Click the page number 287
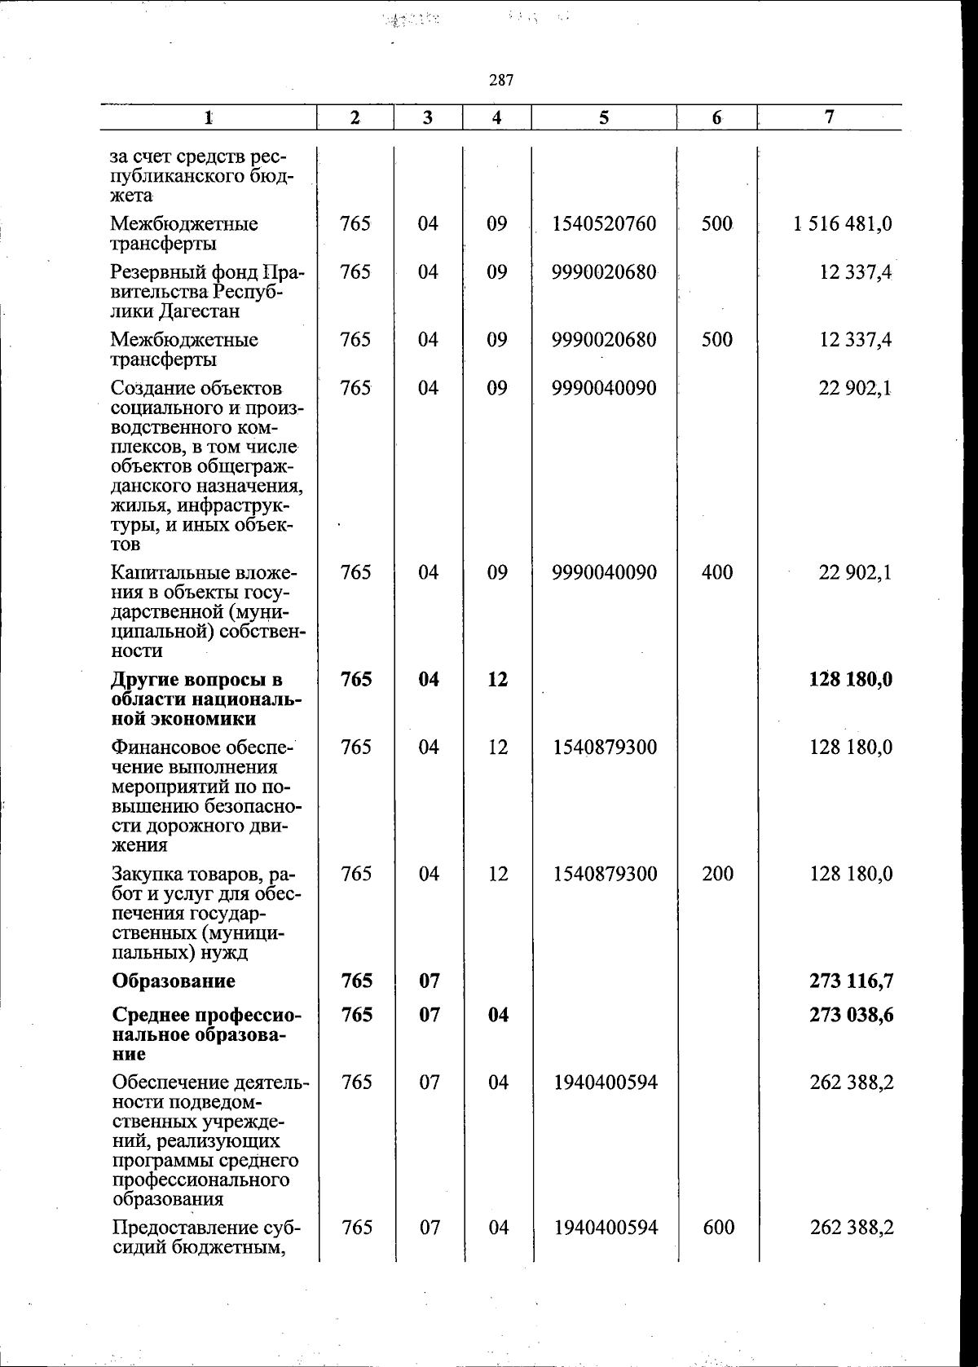tap(501, 80)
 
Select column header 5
tap(604, 117)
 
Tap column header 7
tap(829, 117)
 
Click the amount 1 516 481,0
tap(843, 224)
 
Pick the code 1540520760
tap(604, 224)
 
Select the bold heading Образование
tap(174, 981)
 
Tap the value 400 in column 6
tap(716, 572)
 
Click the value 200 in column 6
tap(717, 874)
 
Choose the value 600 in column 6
tap(718, 1227)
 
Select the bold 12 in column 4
tap(497, 679)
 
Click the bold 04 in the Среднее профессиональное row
tap(498, 1015)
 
